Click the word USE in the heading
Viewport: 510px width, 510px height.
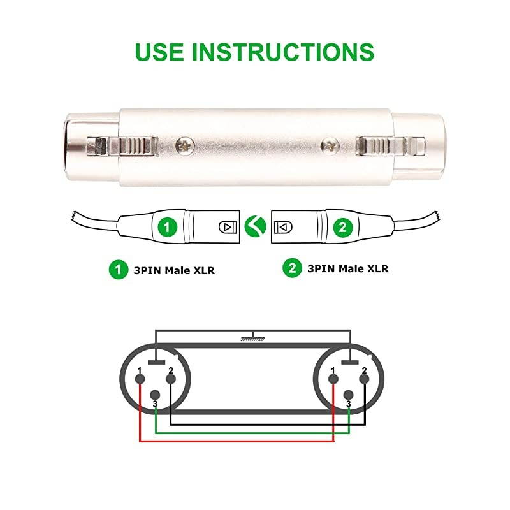(x=159, y=52)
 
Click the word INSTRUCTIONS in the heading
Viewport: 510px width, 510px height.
(x=283, y=52)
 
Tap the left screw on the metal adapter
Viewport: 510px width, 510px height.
(x=186, y=147)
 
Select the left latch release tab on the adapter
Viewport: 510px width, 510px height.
(x=122, y=146)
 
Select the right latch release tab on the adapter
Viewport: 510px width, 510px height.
(x=391, y=145)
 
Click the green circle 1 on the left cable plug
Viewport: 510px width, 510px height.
(x=168, y=227)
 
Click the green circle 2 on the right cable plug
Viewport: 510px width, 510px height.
(x=343, y=227)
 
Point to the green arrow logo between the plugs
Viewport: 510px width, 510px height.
(x=256, y=226)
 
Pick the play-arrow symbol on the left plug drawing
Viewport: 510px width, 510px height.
(x=228, y=227)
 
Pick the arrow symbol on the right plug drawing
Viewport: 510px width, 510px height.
(x=283, y=227)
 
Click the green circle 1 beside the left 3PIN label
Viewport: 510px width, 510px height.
(x=119, y=269)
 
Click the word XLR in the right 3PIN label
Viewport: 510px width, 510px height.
(x=377, y=268)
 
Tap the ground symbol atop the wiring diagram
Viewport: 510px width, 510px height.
(x=253, y=337)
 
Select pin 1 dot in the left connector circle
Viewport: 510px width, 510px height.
(x=140, y=379)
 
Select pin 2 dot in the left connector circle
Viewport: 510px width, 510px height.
(x=171, y=379)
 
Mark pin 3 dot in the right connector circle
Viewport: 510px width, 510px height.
(x=348, y=395)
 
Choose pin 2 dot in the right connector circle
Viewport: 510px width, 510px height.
(x=364, y=379)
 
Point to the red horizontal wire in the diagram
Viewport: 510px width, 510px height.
(x=237, y=441)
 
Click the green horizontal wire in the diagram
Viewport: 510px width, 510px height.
(x=252, y=433)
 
